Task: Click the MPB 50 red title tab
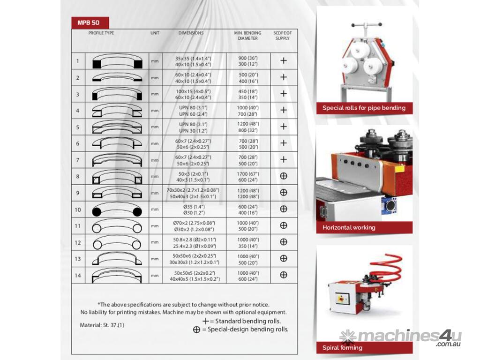pyautogui.click(x=90, y=22)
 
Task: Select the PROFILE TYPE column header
pyautogui.click(x=101, y=33)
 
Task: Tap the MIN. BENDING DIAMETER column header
pyautogui.click(x=247, y=36)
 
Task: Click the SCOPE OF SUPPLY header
pyautogui.click(x=283, y=36)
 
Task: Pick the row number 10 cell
pyautogui.click(x=78, y=209)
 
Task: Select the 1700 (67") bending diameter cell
pyautogui.click(x=248, y=176)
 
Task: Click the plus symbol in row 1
pyautogui.click(x=283, y=60)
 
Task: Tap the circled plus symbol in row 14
pyautogui.click(x=283, y=275)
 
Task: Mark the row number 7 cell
pyautogui.click(x=78, y=160)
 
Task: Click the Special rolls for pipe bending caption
pyautogui.click(x=364, y=108)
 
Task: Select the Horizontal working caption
pyautogui.click(x=349, y=228)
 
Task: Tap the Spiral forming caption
pyautogui.click(x=342, y=348)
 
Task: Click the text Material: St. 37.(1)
pyautogui.click(x=102, y=325)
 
